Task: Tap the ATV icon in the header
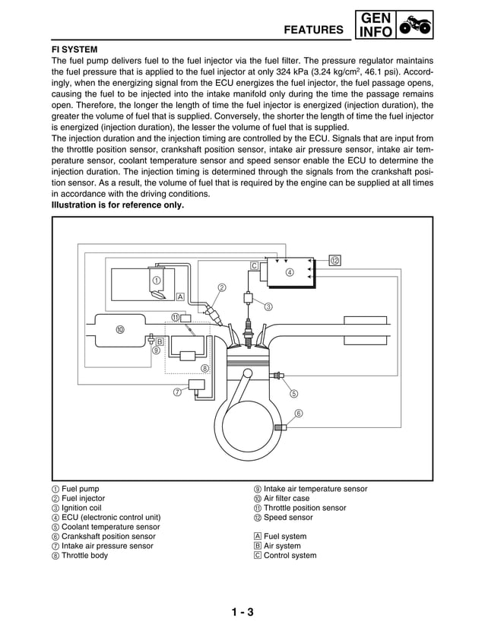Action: click(415, 25)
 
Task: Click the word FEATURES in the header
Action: click(313, 30)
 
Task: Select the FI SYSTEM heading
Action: click(74, 49)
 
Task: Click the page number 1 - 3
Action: click(242, 613)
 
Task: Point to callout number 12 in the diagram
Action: click(334, 260)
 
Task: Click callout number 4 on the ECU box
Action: click(290, 272)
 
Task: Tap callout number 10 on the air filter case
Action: click(120, 329)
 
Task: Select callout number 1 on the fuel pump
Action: click(156, 280)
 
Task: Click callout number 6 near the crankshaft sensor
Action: click(298, 413)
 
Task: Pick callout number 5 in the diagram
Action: click(293, 393)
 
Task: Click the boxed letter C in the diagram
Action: click(255, 265)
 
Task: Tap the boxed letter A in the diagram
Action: click(180, 297)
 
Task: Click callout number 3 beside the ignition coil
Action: click(268, 307)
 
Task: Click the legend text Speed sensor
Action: click(287, 517)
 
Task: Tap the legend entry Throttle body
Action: click(84, 555)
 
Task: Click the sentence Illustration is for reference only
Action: click(117, 205)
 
